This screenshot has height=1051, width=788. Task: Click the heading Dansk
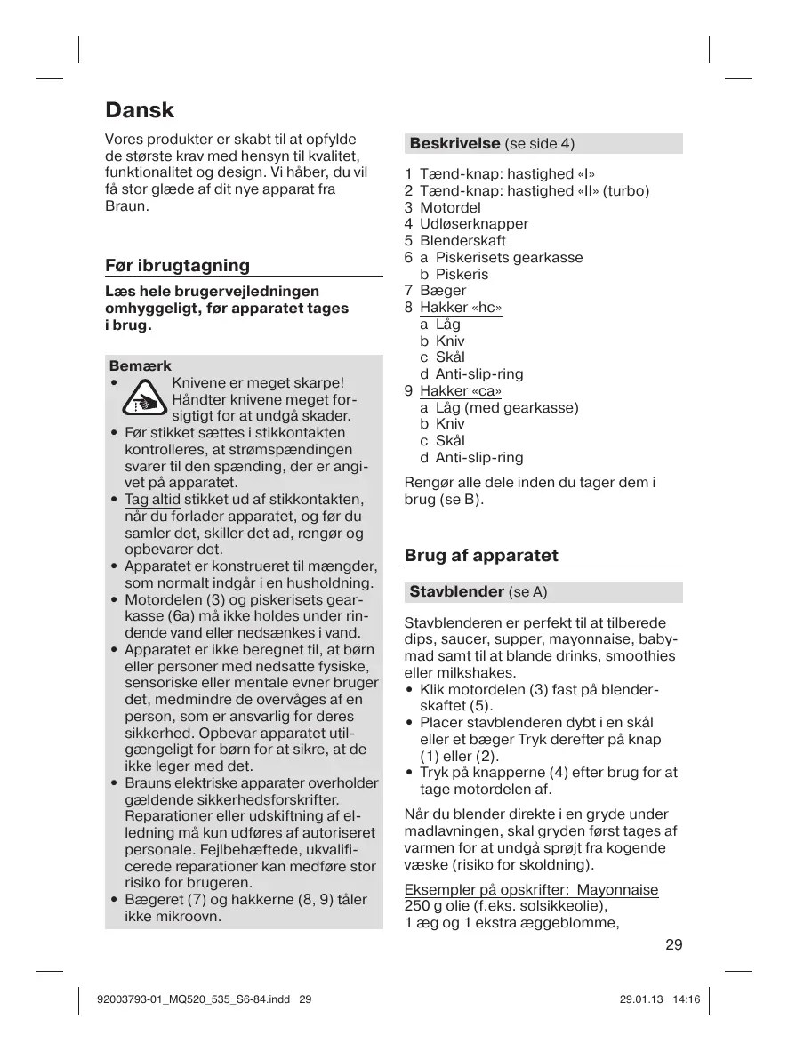140,110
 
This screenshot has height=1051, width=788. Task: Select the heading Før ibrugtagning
177,265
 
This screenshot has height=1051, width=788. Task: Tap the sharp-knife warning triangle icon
142,399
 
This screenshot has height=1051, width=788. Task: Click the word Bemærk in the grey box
140,365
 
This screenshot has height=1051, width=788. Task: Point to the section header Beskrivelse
454,143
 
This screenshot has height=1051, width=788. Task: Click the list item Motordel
450,207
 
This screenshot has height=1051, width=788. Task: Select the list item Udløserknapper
473,224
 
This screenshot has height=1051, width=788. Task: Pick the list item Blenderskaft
462,241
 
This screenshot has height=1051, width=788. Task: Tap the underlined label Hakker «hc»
461,308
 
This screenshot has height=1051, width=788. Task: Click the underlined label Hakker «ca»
461,391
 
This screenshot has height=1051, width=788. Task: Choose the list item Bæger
442,291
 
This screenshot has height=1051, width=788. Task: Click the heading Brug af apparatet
481,556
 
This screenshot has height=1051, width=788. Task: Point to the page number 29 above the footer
673,944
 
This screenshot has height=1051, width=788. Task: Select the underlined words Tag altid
152,500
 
